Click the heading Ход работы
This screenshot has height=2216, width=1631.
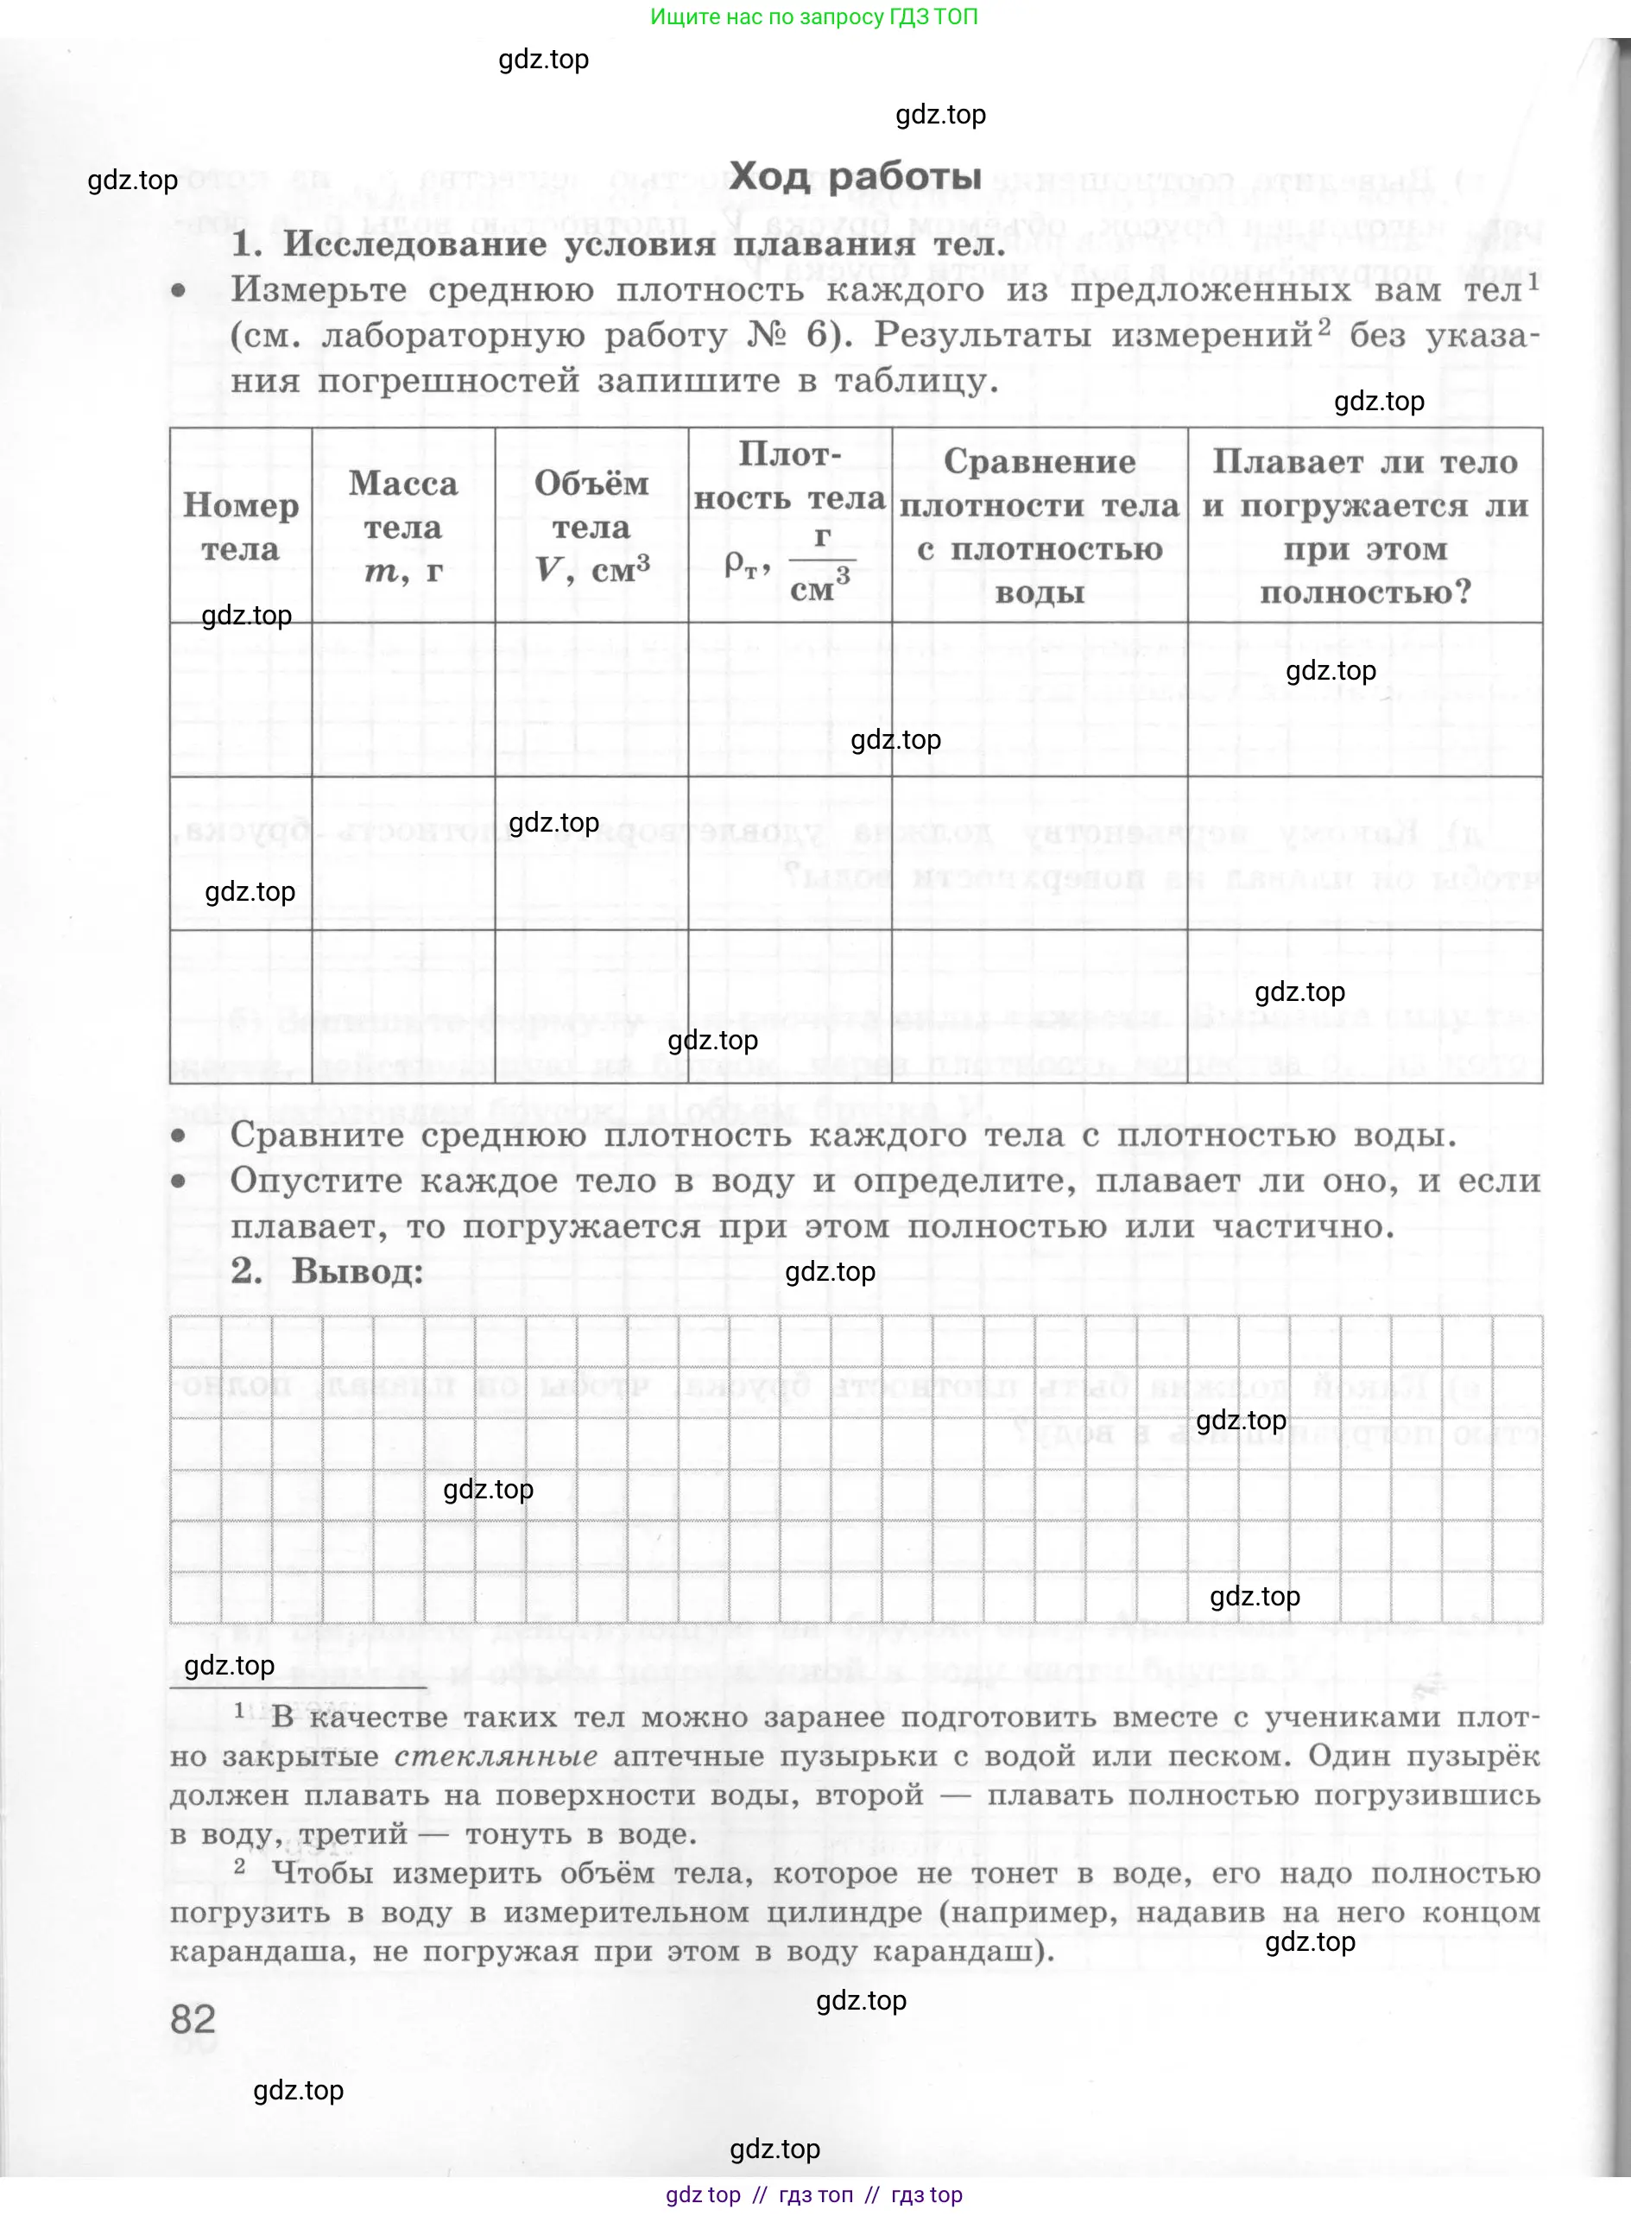click(x=855, y=177)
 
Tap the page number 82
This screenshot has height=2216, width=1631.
click(x=193, y=2018)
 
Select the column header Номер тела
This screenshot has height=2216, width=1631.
click(x=240, y=528)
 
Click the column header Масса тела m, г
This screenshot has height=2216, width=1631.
click(x=403, y=528)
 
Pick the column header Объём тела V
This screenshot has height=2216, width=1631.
click(x=591, y=528)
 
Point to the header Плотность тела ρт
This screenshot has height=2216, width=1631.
click(x=790, y=528)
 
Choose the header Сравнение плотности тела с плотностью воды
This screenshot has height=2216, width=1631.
click(x=1039, y=528)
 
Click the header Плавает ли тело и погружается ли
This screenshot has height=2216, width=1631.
click(x=1364, y=528)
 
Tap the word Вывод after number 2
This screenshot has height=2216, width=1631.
click(x=357, y=1272)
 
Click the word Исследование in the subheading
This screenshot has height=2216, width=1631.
click(x=414, y=244)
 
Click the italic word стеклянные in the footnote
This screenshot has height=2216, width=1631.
click(x=496, y=1756)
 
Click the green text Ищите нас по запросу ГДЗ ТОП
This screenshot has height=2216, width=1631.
click(x=813, y=16)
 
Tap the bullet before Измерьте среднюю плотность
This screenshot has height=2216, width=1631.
click(x=179, y=290)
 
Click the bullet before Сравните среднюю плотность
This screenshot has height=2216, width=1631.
click(x=179, y=1136)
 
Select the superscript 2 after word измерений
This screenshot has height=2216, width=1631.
click(x=1324, y=326)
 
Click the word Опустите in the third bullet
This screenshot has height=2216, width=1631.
click(x=310, y=1181)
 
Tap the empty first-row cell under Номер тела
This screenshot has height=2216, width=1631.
click(x=240, y=700)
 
